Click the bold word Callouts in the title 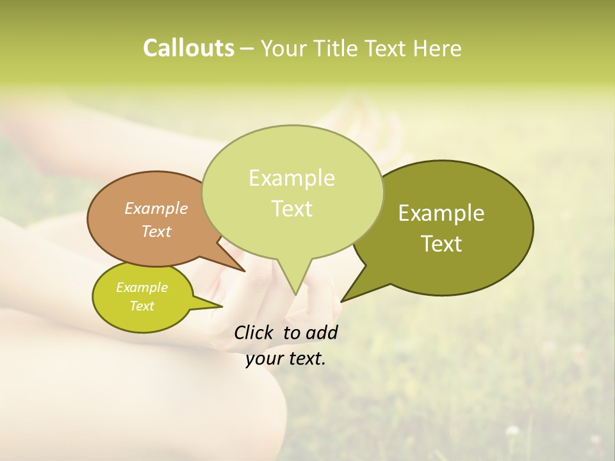click(188, 48)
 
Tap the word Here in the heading click(438, 49)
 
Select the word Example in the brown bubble click(156, 208)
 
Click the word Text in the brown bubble click(156, 231)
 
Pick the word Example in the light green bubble click(291, 177)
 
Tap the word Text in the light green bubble click(291, 208)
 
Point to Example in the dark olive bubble click(441, 213)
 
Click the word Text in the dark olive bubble click(441, 243)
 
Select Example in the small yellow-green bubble click(142, 287)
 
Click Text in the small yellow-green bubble click(142, 306)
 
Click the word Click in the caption click(254, 332)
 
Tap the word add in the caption click(322, 332)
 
